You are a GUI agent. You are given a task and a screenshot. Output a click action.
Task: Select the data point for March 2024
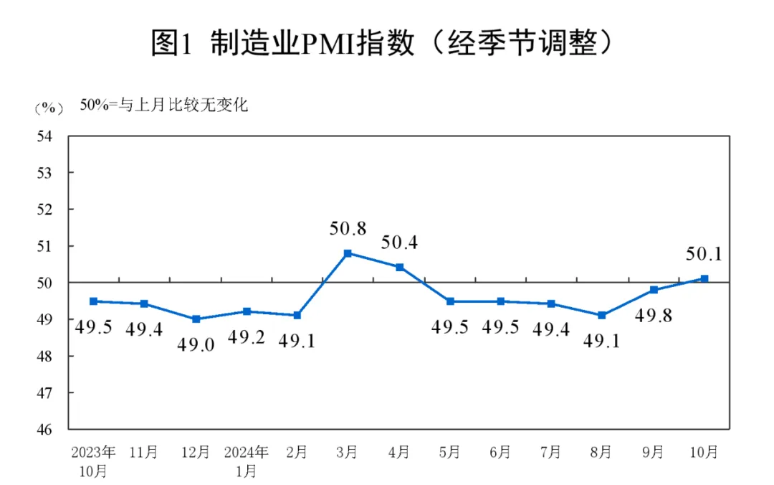[x=348, y=253]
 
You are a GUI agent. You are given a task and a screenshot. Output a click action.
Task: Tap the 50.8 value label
[x=348, y=230]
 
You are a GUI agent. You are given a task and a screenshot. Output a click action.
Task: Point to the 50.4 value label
[x=399, y=242]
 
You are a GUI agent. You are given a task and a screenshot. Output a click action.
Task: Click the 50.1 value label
[x=704, y=255]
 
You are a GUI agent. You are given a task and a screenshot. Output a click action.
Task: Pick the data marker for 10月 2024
[x=704, y=278]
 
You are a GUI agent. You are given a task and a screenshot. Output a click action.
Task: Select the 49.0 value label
[x=196, y=344]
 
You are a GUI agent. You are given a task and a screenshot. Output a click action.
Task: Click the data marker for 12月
[x=196, y=319]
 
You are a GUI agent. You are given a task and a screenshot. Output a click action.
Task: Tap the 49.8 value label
[x=654, y=315]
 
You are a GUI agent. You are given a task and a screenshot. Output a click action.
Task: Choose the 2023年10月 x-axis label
[x=93, y=461]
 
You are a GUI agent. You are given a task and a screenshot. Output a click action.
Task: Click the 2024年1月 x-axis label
[x=246, y=461]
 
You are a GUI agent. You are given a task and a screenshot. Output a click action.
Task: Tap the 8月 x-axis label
[x=602, y=453]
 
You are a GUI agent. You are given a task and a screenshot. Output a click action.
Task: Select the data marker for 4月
[x=399, y=268]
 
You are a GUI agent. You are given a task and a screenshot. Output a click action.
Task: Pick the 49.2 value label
[x=247, y=336]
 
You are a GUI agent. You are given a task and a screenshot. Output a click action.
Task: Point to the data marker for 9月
[x=654, y=290]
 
